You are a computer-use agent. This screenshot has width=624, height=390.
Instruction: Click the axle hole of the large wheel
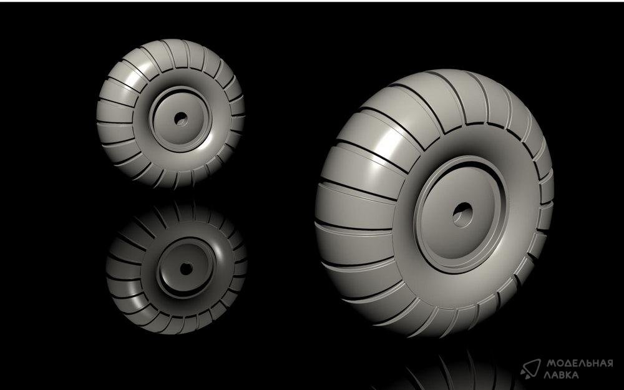tap(463, 215)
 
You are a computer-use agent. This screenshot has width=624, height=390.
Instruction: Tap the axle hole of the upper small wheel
tap(181, 119)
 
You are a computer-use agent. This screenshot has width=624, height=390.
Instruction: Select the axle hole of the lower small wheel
tap(186, 268)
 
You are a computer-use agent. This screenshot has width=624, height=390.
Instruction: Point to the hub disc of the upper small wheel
tap(181, 119)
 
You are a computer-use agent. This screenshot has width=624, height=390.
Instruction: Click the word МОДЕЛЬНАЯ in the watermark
tap(580, 363)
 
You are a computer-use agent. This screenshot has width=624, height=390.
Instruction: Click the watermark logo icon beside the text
tap(530, 368)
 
